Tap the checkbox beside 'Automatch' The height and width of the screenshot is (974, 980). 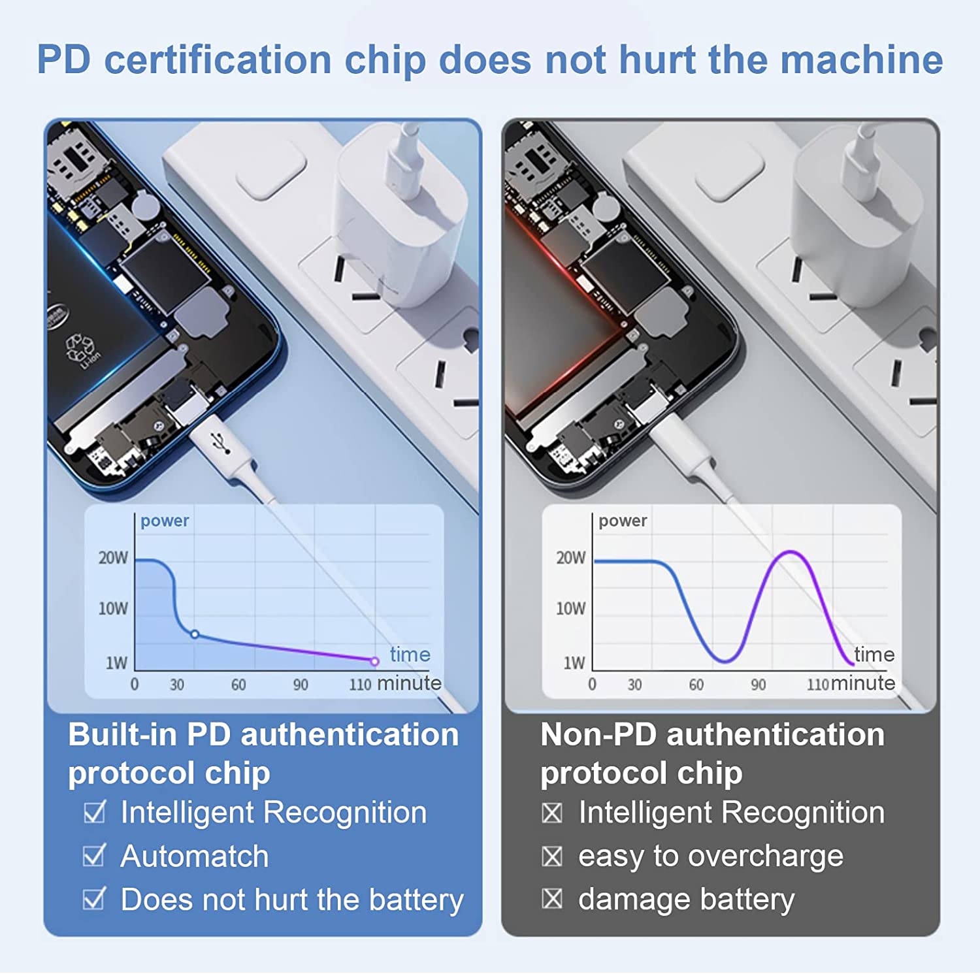click(94, 856)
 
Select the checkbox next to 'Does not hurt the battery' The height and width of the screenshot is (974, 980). click(94, 899)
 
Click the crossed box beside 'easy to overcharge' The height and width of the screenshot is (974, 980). click(552, 856)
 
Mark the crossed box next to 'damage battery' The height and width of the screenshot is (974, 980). click(552, 900)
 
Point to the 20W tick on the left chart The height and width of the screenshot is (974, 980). click(113, 558)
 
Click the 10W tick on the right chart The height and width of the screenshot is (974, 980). click(570, 609)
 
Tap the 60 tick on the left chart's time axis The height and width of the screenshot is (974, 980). click(238, 685)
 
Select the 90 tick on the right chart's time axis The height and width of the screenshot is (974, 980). click(758, 685)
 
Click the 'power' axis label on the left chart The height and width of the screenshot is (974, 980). click(165, 521)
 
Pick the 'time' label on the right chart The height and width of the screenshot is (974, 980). click(874, 654)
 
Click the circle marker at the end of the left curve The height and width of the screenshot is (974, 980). click(374, 661)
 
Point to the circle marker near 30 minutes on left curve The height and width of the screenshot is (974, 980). click(194, 634)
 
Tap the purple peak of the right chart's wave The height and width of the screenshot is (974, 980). click(791, 553)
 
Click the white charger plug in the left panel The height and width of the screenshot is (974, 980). click(400, 216)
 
